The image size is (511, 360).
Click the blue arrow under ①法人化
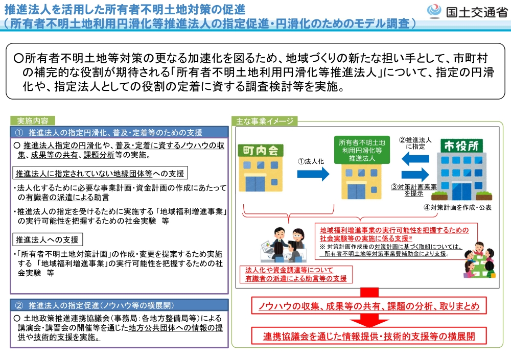tap(313, 174)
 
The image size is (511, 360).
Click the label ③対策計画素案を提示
tap(421, 190)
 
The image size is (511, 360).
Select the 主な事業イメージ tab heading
tap(265, 121)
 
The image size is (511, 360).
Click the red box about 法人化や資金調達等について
tap(296, 274)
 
